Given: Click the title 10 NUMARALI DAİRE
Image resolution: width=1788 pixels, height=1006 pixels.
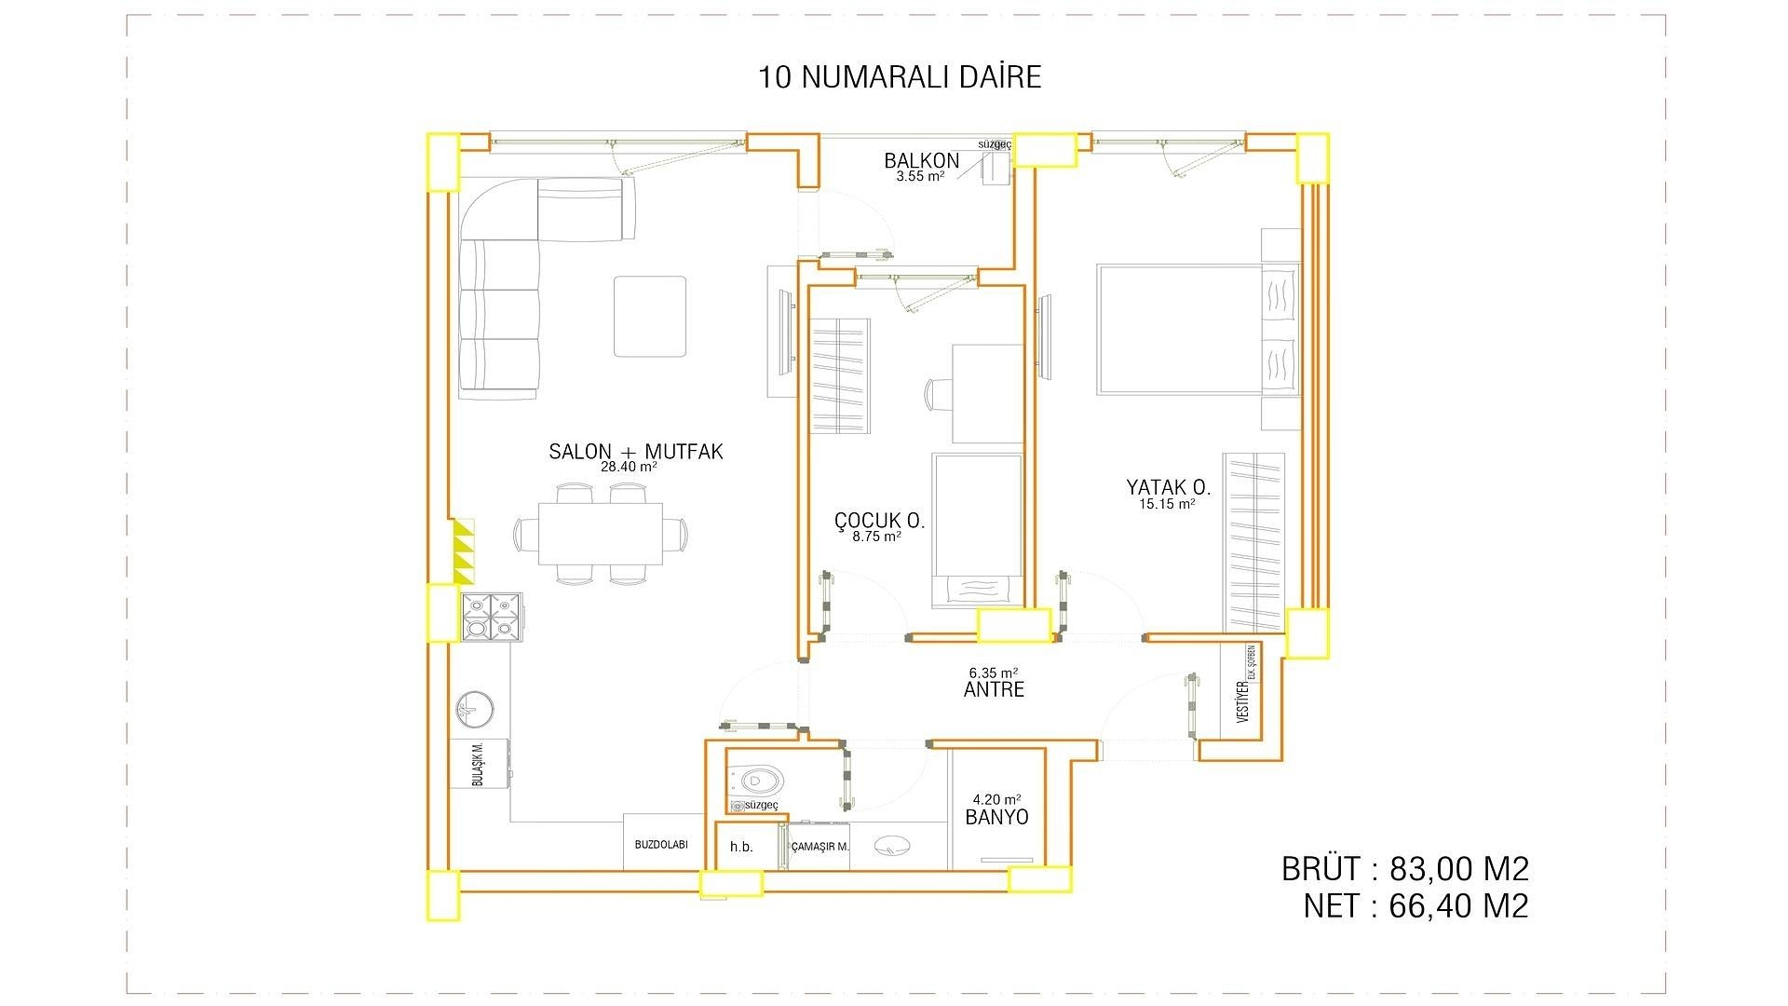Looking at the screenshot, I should pyautogui.click(x=900, y=76).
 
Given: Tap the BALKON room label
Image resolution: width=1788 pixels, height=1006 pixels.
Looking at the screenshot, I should pyautogui.click(x=921, y=161).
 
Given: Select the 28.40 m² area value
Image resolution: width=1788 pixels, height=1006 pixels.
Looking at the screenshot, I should pyautogui.click(x=629, y=468).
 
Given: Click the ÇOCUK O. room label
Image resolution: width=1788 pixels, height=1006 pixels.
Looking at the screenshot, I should pyautogui.click(x=879, y=521).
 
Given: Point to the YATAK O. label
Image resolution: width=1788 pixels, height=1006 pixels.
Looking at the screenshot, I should pyautogui.click(x=1168, y=487).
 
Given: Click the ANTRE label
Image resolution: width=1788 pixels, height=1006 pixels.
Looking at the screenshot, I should pyautogui.click(x=994, y=689).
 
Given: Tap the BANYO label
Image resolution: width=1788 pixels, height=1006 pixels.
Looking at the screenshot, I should pyautogui.click(x=996, y=817).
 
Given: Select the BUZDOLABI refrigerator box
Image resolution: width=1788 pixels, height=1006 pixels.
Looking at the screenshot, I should pyautogui.click(x=660, y=844).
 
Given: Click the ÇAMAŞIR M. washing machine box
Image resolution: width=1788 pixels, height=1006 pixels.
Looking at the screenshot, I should pyautogui.click(x=819, y=847).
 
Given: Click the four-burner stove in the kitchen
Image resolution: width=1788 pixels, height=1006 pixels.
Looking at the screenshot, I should pyautogui.click(x=492, y=617).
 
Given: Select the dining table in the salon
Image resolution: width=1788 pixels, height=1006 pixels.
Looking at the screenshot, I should pyautogui.click(x=601, y=534).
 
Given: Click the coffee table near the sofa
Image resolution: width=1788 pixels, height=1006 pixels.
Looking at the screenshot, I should pyautogui.click(x=649, y=316).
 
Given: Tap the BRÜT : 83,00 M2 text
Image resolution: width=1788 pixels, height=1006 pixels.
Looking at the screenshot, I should pyautogui.click(x=1404, y=869).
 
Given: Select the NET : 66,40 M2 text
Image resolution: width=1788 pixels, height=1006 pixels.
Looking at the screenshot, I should pyautogui.click(x=1415, y=906).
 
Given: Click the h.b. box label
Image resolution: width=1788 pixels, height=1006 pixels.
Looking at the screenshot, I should pyautogui.click(x=741, y=847).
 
